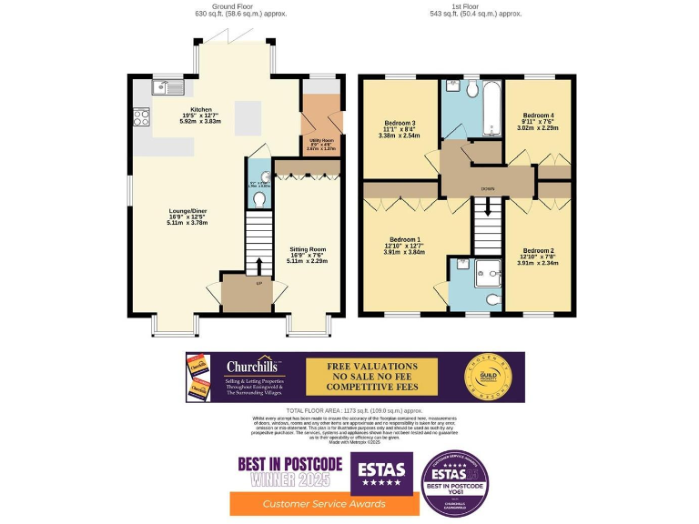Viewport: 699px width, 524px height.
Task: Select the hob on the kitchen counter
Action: pos(141,116)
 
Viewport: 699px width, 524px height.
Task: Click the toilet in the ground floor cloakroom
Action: pos(259,197)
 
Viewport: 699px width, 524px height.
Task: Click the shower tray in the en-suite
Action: pos(487,270)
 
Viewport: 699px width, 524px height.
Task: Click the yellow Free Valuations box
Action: pos(370,376)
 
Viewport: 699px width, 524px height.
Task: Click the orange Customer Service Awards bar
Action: pos(312,503)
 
